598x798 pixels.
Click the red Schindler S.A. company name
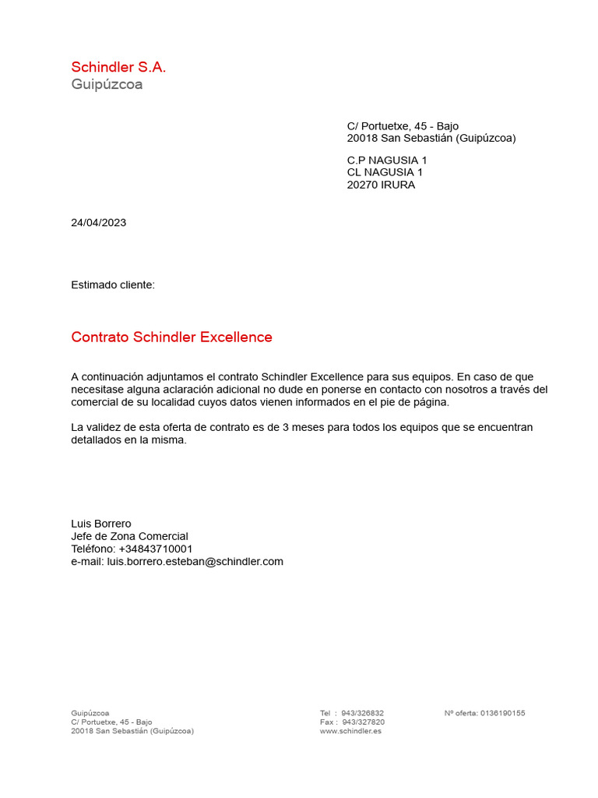(x=118, y=67)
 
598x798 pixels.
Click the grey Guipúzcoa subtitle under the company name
(x=107, y=84)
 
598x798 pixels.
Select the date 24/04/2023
(x=98, y=223)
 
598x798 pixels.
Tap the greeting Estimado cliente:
(x=113, y=285)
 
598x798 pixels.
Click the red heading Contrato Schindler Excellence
(x=171, y=337)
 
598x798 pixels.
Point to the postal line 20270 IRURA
(x=381, y=185)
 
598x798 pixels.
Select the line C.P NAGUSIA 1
(x=387, y=161)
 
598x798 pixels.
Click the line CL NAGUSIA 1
(x=385, y=173)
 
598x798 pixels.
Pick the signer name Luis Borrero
(x=101, y=524)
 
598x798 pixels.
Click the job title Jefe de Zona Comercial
(x=129, y=536)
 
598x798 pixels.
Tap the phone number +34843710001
(x=156, y=549)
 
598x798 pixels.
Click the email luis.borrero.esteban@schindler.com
(x=195, y=561)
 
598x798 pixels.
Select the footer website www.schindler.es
(x=350, y=732)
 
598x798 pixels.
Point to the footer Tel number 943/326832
(x=362, y=713)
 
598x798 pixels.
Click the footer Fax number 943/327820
(x=362, y=722)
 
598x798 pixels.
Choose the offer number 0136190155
(x=502, y=713)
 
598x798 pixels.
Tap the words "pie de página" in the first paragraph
(x=417, y=402)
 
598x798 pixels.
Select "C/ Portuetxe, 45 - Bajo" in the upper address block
(x=403, y=126)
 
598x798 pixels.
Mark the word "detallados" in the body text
(x=96, y=440)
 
